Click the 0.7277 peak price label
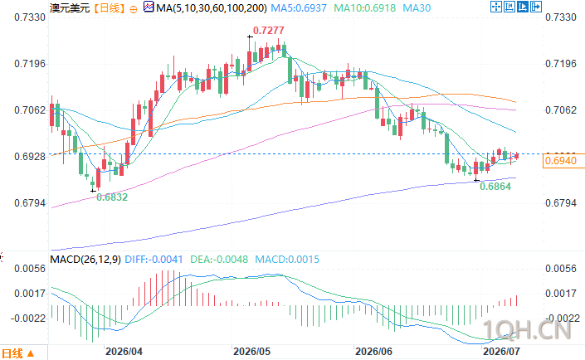point(269,31)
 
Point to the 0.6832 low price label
point(112,197)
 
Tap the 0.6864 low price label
point(495,187)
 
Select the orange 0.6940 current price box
point(561,161)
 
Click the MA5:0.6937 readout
point(299,7)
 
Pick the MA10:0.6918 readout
point(364,7)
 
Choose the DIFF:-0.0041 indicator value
point(154,260)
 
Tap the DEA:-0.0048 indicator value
point(219,260)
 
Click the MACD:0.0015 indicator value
point(287,260)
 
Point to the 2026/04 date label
point(124,352)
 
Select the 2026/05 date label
point(251,352)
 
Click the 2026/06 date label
point(373,352)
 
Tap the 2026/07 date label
point(501,352)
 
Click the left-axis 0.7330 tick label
point(30,17)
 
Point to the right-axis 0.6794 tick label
point(561,203)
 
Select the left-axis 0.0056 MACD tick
point(30,269)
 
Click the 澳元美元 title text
point(70,7)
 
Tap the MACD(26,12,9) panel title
point(85,260)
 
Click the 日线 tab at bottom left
point(18,353)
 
